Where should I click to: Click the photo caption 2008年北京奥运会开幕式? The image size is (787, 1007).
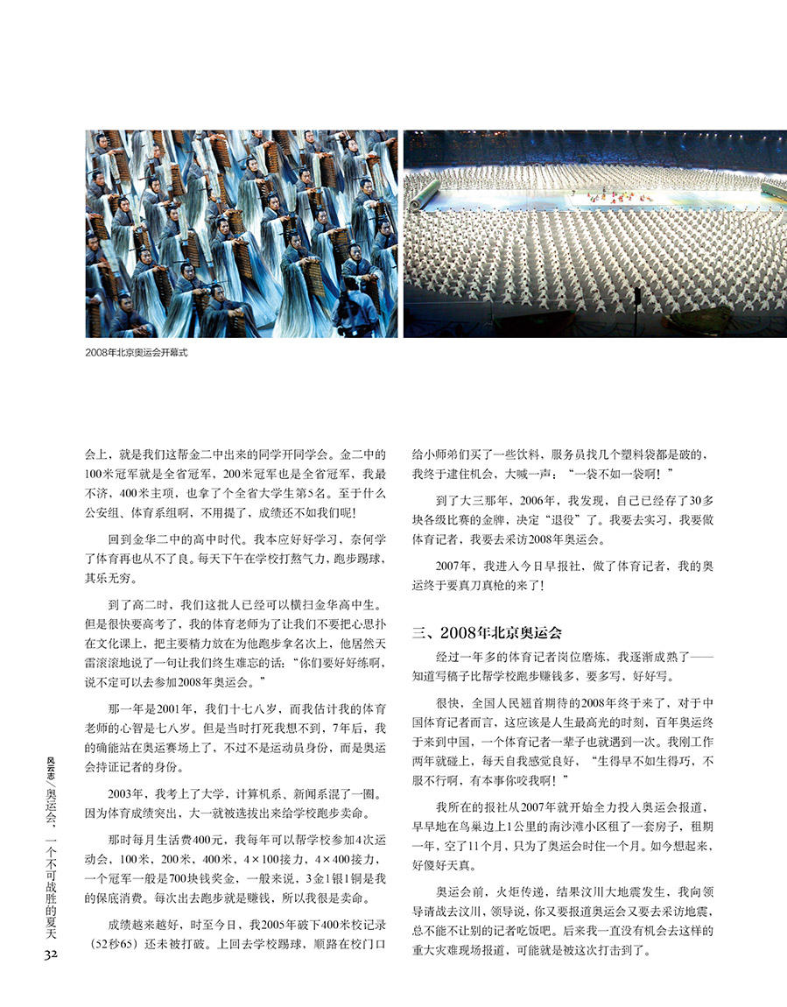[137, 352]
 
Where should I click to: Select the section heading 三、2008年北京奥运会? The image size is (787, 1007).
[487, 631]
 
